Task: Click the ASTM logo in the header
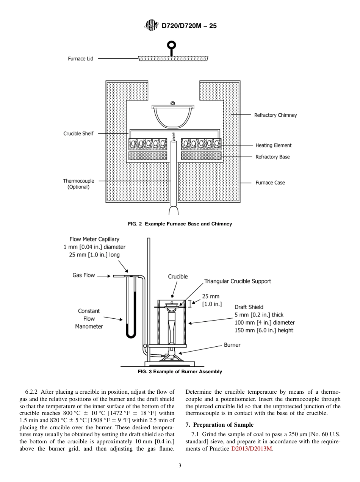152,26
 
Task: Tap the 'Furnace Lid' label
80,59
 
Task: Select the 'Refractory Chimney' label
275,115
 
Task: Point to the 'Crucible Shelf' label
78,133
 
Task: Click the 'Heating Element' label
273,146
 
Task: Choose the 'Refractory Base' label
272,157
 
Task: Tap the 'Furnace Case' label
270,183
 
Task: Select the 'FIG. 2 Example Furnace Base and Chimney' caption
180,224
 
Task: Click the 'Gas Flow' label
83,275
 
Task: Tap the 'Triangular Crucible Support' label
238,281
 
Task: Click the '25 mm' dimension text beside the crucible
210,297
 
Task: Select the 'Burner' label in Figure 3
232,345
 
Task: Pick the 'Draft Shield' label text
249,307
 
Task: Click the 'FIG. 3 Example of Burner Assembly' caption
180,372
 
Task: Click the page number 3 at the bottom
180,465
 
